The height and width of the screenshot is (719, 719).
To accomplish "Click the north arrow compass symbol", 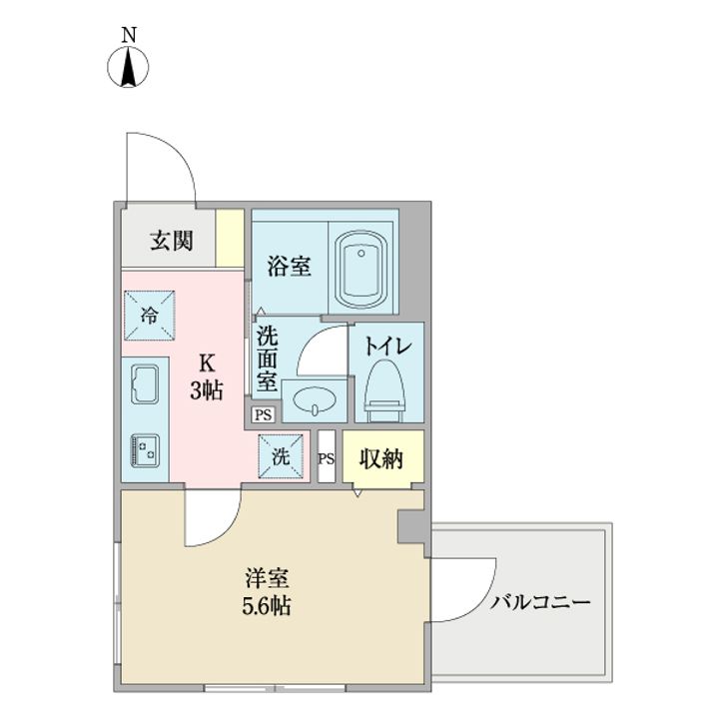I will click(129, 67).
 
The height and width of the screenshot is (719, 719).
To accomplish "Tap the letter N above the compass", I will click(129, 34).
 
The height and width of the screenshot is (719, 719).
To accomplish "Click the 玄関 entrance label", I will click(171, 241).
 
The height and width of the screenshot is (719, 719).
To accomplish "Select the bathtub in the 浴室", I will click(363, 269).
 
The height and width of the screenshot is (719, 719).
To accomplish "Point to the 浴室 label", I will click(290, 267).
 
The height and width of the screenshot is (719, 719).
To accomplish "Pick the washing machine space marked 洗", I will click(281, 457).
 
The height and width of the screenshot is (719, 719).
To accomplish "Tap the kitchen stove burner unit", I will click(148, 449).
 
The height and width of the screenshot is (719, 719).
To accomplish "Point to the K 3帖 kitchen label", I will click(207, 376).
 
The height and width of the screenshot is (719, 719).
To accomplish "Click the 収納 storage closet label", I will click(381, 459).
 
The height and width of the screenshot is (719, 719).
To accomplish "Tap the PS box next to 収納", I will click(326, 458).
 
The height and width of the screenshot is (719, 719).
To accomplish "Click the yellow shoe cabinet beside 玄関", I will click(230, 238).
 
